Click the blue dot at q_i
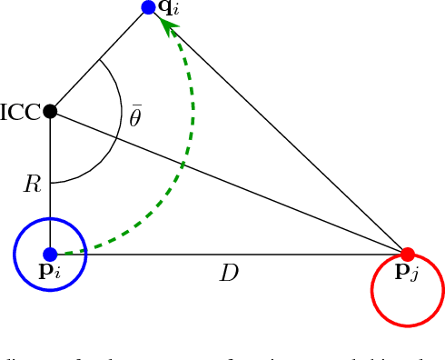click(x=149, y=7)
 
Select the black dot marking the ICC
click(x=50, y=112)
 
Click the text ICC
click(x=20, y=113)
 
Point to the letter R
click(x=33, y=185)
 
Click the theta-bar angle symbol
click(x=134, y=117)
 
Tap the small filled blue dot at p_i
click(x=50, y=255)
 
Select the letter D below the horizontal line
click(x=229, y=273)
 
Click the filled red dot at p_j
click(x=408, y=254)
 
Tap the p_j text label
click(x=409, y=274)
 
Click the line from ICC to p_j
click(x=227, y=182)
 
